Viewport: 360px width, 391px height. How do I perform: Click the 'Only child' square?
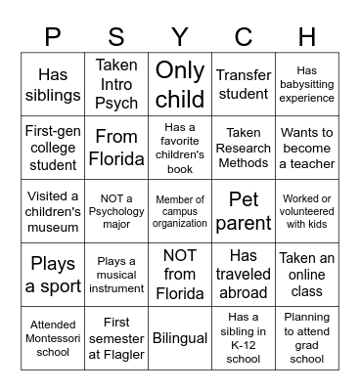coord(180,84)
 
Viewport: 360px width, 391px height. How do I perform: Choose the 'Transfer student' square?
coord(244,84)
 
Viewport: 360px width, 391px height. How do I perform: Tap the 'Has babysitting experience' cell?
coord(307,84)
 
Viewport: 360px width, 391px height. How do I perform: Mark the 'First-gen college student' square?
coord(53,148)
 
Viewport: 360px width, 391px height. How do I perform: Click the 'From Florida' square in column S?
coord(116,148)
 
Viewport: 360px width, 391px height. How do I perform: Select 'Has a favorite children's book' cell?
coord(180,148)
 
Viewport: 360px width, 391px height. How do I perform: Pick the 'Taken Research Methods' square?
coord(244,148)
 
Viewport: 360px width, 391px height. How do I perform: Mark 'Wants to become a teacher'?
coord(307,148)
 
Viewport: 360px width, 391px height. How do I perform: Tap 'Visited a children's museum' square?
coord(53,211)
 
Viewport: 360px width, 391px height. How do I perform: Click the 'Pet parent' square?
coord(244,211)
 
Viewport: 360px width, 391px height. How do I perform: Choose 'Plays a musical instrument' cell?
coord(116,275)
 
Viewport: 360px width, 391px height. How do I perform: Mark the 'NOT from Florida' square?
coord(180,275)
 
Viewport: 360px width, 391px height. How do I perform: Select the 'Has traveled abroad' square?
coord(244,275)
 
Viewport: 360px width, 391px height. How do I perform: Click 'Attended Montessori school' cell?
coord(53,338)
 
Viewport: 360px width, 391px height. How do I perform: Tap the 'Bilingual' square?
coord(180,338)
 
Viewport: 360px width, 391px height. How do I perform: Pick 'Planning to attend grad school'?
coord(307,338)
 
